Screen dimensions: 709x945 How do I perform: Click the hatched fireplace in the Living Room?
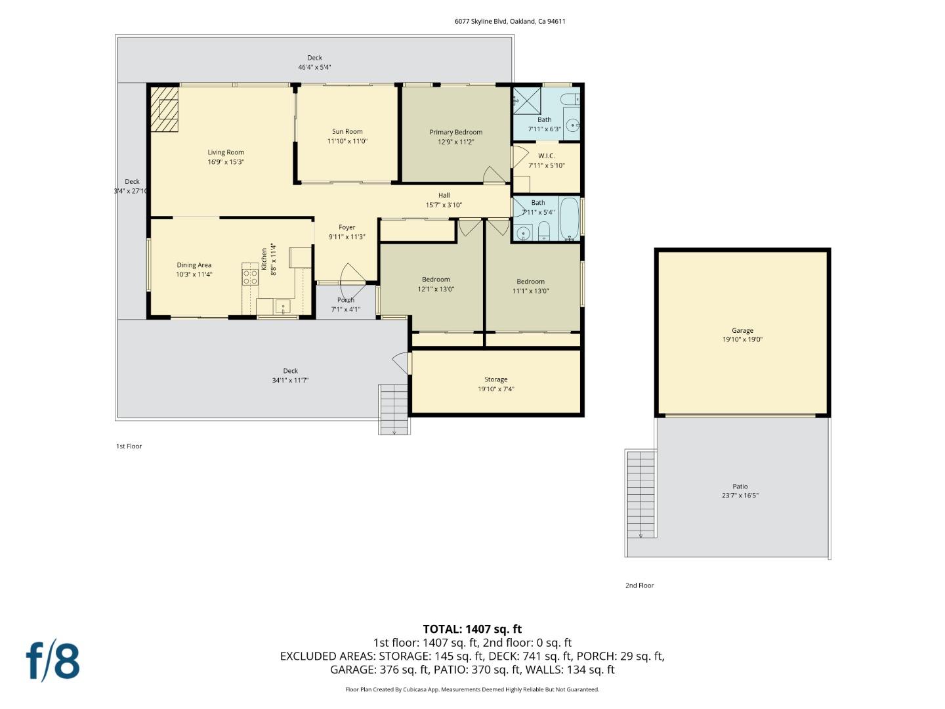164,109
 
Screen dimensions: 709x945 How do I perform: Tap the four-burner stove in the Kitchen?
250,276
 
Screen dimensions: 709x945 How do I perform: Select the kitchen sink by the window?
282,306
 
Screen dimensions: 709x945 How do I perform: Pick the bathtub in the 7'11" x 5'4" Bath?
569,219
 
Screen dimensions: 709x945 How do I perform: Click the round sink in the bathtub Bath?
523,232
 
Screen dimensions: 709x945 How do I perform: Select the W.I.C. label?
546,156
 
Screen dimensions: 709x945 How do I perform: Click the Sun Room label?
347,131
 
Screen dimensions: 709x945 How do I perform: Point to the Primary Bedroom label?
455,132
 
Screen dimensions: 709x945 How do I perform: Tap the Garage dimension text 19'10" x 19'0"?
742,340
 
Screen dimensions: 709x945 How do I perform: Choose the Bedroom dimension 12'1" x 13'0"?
436,289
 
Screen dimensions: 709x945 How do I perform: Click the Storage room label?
495,379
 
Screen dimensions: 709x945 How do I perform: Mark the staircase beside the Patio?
641,494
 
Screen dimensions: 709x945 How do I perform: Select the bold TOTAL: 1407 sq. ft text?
472,629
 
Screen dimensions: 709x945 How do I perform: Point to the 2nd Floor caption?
639,586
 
